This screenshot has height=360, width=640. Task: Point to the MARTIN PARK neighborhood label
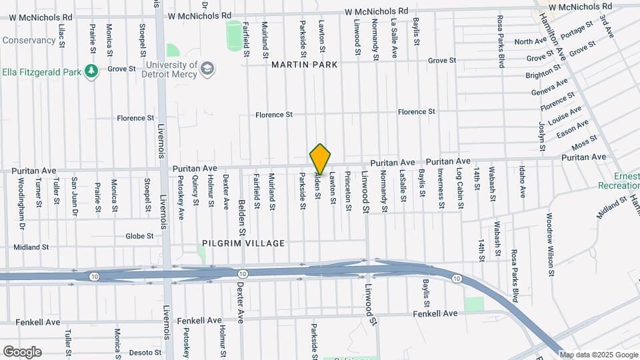(305, 65)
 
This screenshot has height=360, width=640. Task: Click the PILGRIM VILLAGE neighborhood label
(246, 243)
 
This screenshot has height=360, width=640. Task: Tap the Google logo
(22, 352)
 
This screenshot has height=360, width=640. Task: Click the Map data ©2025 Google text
(598, 355)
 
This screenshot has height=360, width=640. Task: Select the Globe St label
(139, 236)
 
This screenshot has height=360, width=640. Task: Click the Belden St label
(243, 212)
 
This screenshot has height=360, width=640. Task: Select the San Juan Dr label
(75, 193)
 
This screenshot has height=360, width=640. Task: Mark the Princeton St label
(348, 191)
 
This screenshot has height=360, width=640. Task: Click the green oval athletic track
(234, 35)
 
